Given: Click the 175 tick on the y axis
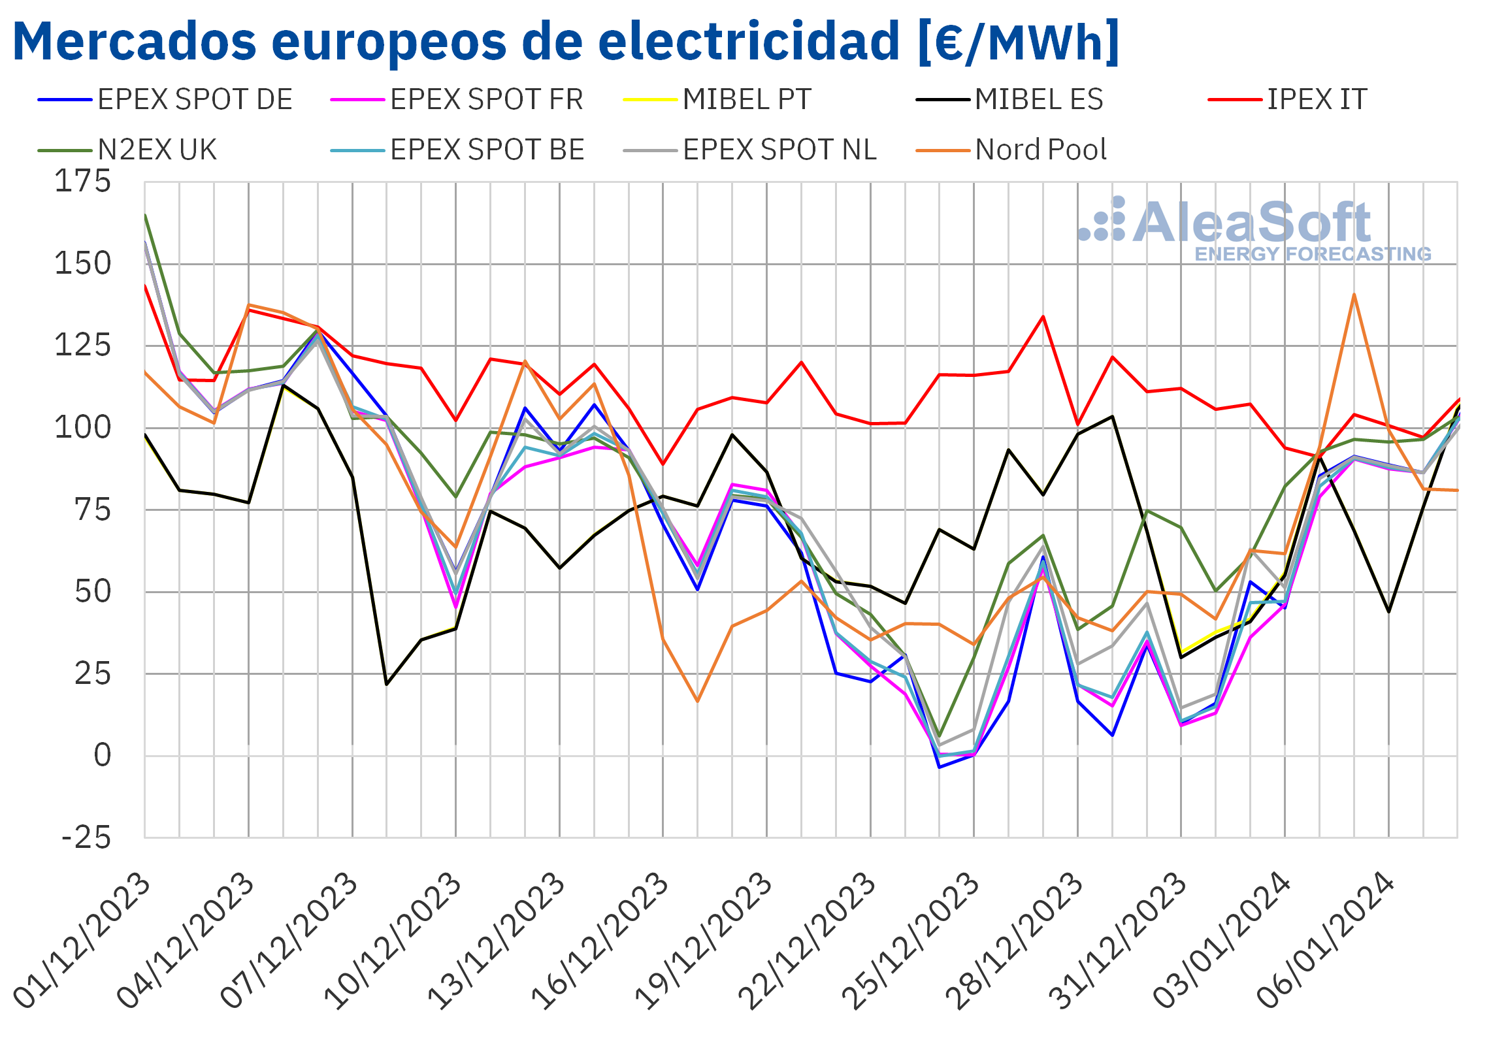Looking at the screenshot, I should click(x=83, y=182).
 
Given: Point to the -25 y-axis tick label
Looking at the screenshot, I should click(x=86, y=837).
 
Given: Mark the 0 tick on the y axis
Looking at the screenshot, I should click(x=103, y=756).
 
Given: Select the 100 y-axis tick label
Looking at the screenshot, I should click(x=83, y=428).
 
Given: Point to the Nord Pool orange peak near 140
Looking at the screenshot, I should click(x=1354, y=295).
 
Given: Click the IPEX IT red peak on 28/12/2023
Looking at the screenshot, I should click(x=1043, y=317).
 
